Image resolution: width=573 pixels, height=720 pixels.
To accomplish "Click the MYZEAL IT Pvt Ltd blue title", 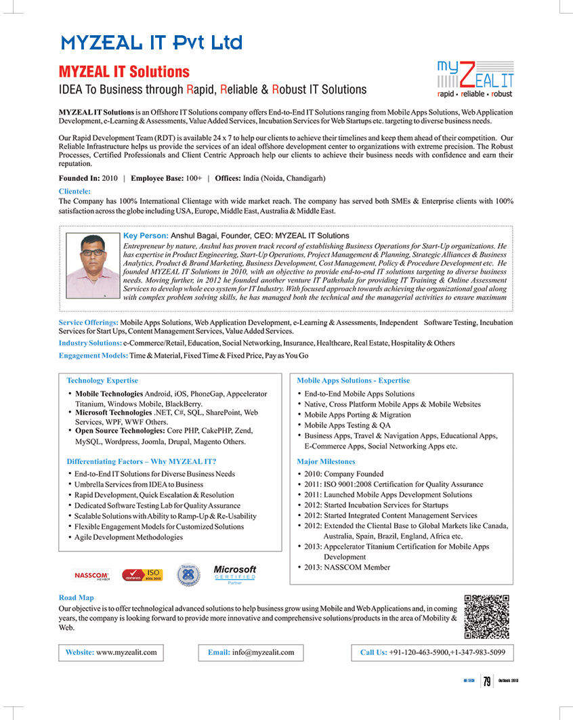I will [151, 43].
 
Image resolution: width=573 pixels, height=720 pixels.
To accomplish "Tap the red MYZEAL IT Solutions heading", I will [124, 72].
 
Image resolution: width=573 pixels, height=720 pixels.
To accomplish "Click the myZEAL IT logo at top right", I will [474, 79].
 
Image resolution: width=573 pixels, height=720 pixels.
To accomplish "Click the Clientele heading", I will [75, 191].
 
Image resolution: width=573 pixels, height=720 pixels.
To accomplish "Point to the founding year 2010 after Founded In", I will [109, 178].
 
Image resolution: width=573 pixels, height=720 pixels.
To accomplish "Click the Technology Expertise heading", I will [102, 381].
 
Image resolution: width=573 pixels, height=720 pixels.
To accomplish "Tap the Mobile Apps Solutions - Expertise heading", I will [353, 381].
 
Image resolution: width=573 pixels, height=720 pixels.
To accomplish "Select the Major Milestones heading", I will [326, 461].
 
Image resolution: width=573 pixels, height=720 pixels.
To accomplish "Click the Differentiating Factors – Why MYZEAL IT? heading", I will [142, 461].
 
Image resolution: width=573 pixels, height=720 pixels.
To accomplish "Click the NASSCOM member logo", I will [91, 575].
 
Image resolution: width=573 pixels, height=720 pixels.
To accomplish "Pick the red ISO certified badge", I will [142, 575].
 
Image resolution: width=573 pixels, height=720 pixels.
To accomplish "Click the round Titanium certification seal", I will [188, 575].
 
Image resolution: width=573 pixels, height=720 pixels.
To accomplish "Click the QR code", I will [487, 616].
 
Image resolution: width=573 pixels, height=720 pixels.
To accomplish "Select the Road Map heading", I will [77, 597].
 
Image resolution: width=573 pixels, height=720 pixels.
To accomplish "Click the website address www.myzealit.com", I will [127, 652].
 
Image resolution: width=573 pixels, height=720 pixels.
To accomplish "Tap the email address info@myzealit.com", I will [263, 652].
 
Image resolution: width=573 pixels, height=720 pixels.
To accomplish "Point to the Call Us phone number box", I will [432, 652].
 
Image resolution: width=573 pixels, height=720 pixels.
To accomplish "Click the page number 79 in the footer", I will [487, 681].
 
